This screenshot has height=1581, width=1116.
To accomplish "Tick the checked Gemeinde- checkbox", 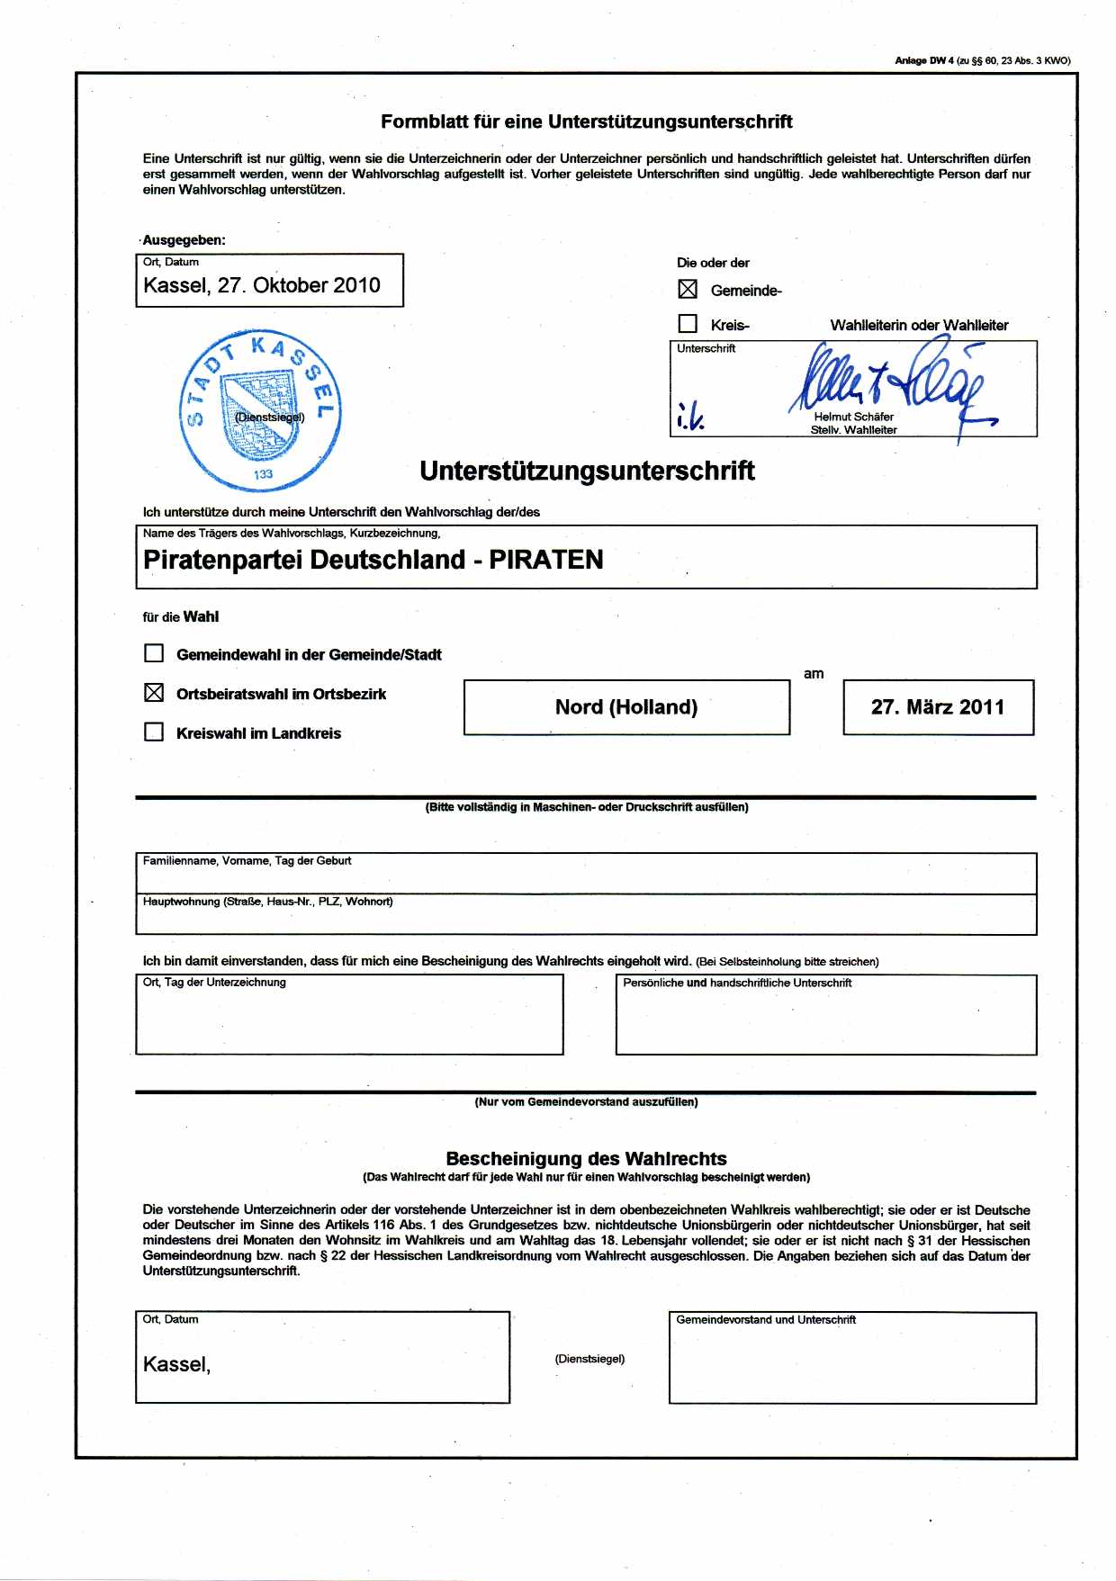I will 688,290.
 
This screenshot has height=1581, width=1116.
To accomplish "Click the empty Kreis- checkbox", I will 688,324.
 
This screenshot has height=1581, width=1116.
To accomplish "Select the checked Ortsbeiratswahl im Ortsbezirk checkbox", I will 155,693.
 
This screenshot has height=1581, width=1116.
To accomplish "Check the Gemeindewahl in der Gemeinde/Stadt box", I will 155,653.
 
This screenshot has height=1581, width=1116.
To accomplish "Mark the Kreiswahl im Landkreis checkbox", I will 155,732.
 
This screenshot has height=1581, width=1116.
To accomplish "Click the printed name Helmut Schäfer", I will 853,417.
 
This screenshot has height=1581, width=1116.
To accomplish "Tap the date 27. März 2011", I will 938,707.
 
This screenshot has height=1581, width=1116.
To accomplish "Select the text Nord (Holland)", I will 626,707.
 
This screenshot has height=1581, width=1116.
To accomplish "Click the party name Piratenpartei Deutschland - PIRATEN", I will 373,560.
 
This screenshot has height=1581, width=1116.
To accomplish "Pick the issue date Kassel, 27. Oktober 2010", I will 262,285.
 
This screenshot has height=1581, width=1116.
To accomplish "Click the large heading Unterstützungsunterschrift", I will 587,471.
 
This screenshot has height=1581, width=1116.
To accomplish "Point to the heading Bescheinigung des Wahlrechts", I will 586,1159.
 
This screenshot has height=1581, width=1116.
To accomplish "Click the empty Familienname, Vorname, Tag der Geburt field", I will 585,877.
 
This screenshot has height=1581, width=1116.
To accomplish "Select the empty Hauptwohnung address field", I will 585,919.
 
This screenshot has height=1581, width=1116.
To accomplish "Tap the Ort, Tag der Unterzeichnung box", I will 349,1020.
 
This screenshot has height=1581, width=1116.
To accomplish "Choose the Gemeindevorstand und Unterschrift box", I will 851,1363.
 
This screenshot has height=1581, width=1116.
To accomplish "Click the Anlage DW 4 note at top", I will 982,61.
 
